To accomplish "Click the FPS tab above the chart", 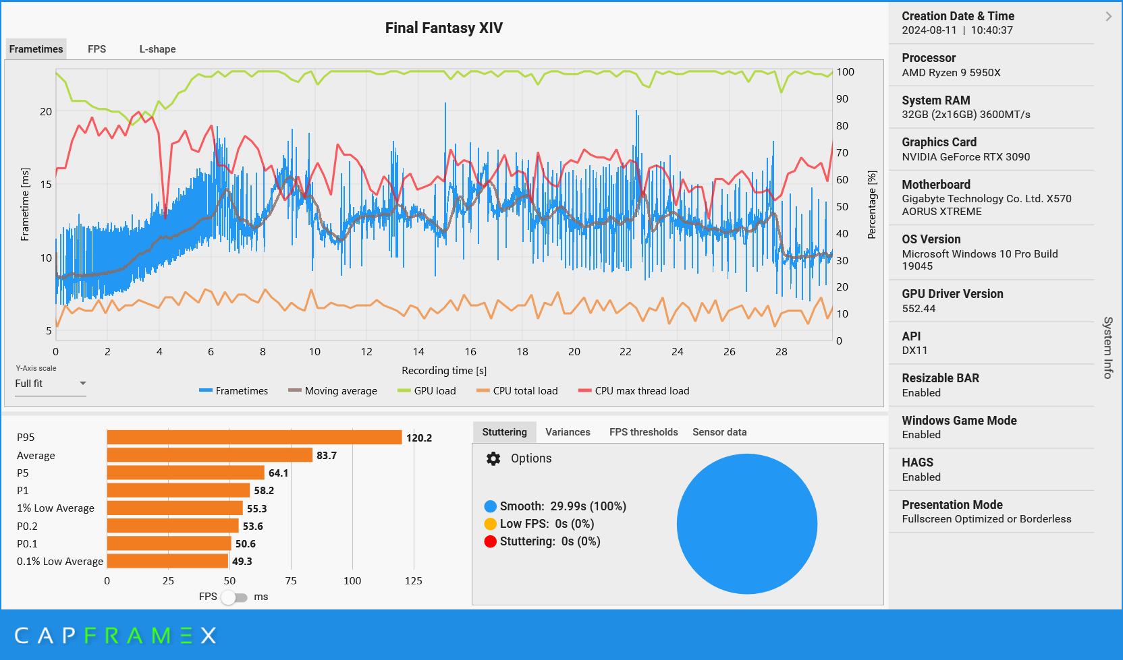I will [x=97, y=49].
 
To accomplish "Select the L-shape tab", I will [x=157, y=49].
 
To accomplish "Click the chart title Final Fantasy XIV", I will [x=443, y=28].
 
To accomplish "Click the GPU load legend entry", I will [x=427, y=391].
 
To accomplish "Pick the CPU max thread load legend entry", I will [x=634, y=391].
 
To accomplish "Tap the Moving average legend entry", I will [x=333, y=391].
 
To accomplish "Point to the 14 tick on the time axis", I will [x=418, y=352].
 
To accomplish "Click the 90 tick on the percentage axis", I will [x=842, y=99].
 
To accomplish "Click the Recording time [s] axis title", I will [x=443, y=371].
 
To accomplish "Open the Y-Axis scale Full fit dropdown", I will [x=51, y=384].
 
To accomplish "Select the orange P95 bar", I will [x=254, y=438].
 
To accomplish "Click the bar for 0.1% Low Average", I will [x=167, y=561].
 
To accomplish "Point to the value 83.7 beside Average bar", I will [x=327, y=456].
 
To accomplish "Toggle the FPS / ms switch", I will [x=234, y=597].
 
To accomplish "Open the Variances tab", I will [x=568, y=432].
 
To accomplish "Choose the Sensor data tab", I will [x=719, y=432].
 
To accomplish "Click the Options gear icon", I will [x=493, y=458].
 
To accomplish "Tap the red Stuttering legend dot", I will [x=491, y=541].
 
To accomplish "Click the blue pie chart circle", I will [x=746, y=524].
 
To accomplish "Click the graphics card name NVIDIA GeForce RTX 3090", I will [x=966, y=157].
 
